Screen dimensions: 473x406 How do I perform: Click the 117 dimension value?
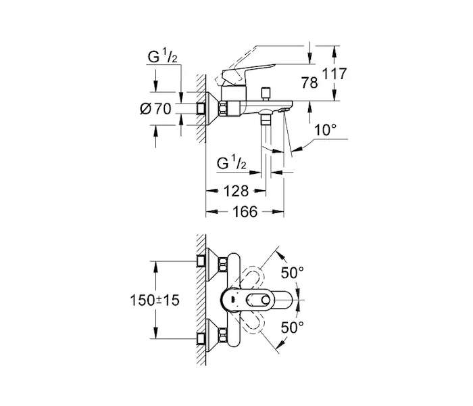pyautogui.click(x=334, y=74)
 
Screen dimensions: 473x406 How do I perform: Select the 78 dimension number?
pyautogui.click(x=309, y=83)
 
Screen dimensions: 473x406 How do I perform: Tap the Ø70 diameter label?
pyautogui.click(x=155, y=109)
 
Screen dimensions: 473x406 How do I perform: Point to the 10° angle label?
pyautogui.click(x=325, y=130)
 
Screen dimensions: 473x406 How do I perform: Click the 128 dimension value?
pyautogui.click(x=236, y=191)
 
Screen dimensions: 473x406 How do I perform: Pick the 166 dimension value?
pyautogui.click(x=245, y=212)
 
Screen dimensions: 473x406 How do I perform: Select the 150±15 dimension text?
pyautogui.click(x=155, y=300)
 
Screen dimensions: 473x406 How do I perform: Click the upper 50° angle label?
pyautogui.click(x=292, y=273)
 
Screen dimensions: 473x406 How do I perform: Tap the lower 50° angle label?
pyautogui.click(x=292, y=328)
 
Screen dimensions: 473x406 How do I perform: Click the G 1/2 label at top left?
pyautogui.click(x=163, y=56)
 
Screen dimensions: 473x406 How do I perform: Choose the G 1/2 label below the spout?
pyautogui.click(x=231, y=164)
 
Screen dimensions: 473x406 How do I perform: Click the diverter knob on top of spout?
pyautogui.click(x=266, y=94)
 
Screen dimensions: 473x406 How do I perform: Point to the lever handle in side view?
pyautogui.click(x=249, y=72)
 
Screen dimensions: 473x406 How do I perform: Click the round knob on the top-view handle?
pyautogui.click(x=266, y=300)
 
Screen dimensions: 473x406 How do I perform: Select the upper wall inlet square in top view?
pyautogui.click(x=201, y=261)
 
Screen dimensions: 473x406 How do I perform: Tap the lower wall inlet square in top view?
pyautogui.click(x=201, y=339)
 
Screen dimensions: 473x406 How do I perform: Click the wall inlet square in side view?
pyautogui.click(x=201, y=109)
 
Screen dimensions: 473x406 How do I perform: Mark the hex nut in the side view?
pyautogui.click(x=223, y=108)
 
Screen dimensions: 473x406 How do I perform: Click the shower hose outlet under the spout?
pyautogui.click(x=266, y=118)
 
